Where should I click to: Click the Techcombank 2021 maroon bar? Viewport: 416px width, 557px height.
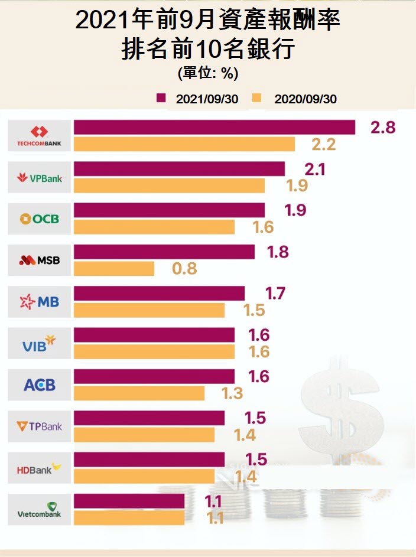tap(214, 127)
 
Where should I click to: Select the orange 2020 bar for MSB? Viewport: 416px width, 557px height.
tap(113, 269)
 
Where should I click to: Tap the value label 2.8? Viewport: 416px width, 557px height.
tap(382, 126)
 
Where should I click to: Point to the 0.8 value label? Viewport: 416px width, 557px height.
tap(184, 269)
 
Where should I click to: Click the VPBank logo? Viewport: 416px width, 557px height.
tap(40, 177)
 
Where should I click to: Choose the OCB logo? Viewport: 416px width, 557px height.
tap(40, 219)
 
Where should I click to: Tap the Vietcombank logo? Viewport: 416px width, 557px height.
tap(40, 509)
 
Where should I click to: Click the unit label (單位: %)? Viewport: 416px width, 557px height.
tap(207, 74)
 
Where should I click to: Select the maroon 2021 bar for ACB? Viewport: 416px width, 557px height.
tap(154, 376)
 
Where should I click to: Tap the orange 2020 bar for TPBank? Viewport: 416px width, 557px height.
tap(144, 435)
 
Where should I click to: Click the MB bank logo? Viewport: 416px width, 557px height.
tap(40, 302)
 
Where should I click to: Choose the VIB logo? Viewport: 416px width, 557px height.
tap(40, 344)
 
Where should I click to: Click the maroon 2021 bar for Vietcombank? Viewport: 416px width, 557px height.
tap(129, 501)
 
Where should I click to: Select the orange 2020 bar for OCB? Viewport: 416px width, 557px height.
tap(154, 227)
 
